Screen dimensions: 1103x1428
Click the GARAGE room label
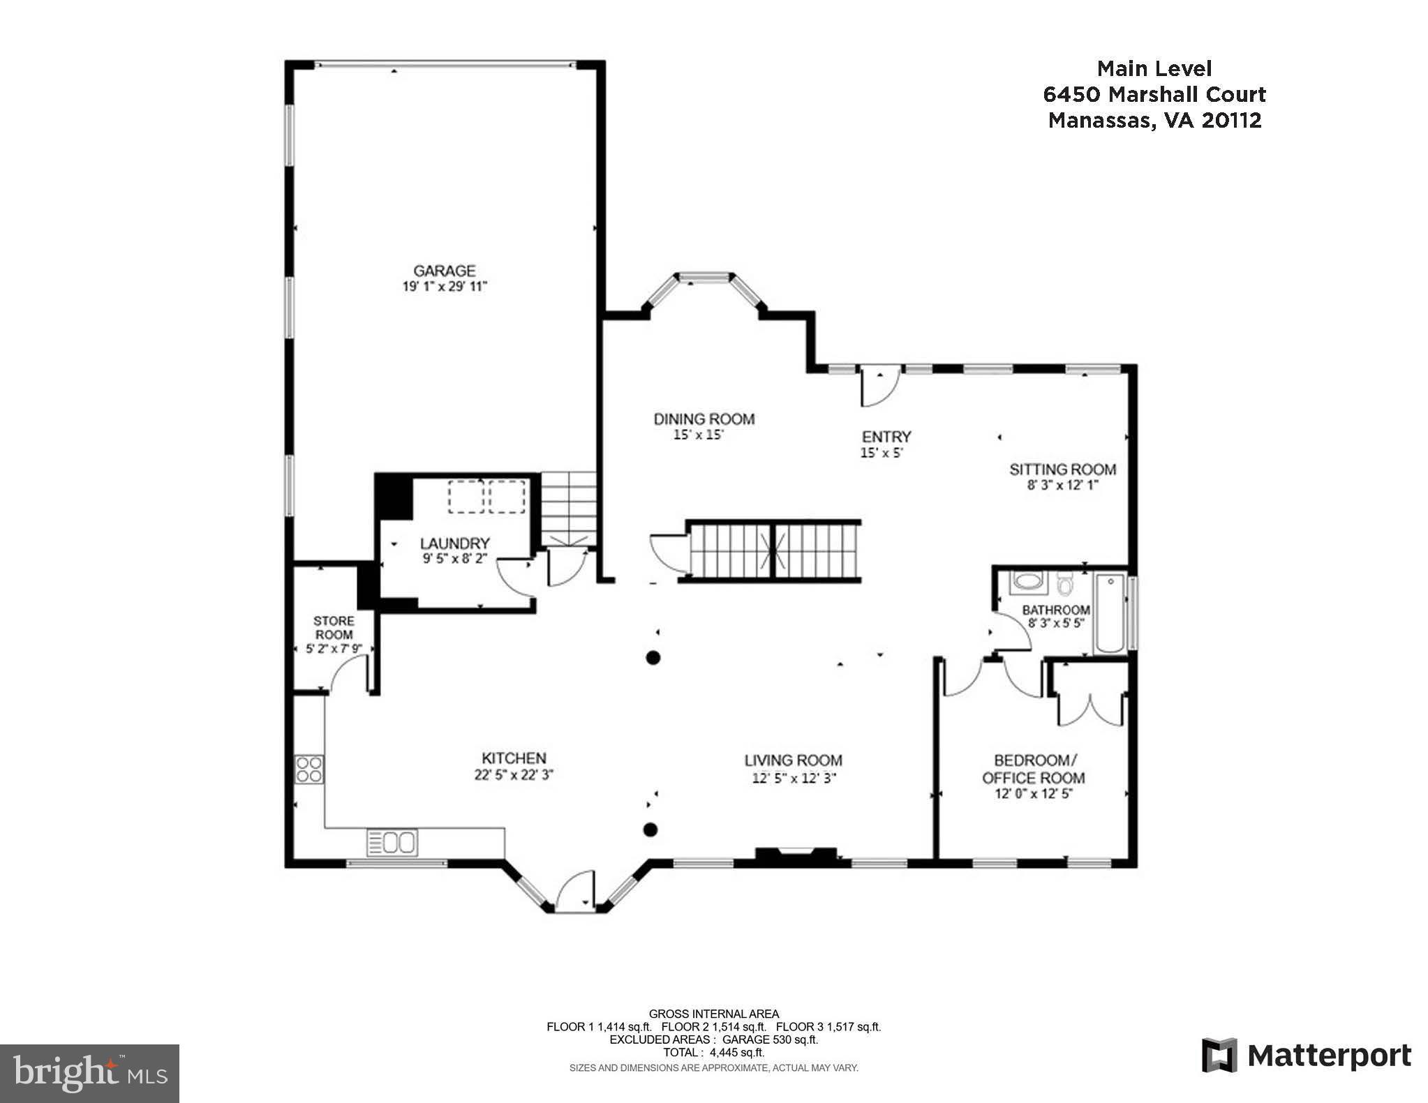444,271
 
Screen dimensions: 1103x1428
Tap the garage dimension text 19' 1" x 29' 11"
444,287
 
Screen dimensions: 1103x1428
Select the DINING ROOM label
704,419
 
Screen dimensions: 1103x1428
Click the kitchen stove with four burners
309,770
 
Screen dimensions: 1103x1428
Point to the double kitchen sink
392,842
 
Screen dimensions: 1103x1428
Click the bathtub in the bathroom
1110,614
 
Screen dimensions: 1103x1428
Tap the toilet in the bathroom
1064,583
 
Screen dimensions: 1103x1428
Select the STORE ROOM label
334,627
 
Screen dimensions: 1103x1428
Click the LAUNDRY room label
454,543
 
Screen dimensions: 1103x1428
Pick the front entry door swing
878,389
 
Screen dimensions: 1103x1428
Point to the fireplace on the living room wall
796,855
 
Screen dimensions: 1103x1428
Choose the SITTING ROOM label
1062,469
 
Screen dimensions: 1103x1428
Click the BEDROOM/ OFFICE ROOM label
1034,768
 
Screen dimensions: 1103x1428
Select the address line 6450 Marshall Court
1154,94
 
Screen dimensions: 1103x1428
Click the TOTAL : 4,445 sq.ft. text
713,1052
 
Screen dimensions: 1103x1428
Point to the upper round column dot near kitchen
653,657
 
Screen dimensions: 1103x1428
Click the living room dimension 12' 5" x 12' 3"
794,778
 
